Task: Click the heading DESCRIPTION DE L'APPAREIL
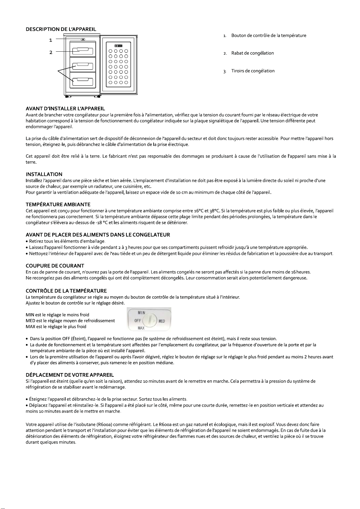coord(61,29)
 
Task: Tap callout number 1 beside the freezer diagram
coord(51,40)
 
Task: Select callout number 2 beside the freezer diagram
coord(51,52)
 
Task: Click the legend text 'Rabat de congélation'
coord(252,53)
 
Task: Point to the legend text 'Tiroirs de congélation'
coord(253,71)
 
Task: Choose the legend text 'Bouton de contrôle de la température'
coord(269,36)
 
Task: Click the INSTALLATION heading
coord(44,174)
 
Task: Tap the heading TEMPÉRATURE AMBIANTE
coord(58,205)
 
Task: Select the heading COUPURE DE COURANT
coord(55,266)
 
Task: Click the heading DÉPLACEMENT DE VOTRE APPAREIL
coord(70,375)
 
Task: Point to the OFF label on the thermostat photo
coord(138,321)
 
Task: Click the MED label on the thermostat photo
coord(162,321)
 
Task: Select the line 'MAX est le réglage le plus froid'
coord(56,327)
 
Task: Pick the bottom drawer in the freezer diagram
coord(83,81)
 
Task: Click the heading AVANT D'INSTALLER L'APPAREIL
coord(65,108)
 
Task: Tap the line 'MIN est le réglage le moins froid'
coord(57,315)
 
